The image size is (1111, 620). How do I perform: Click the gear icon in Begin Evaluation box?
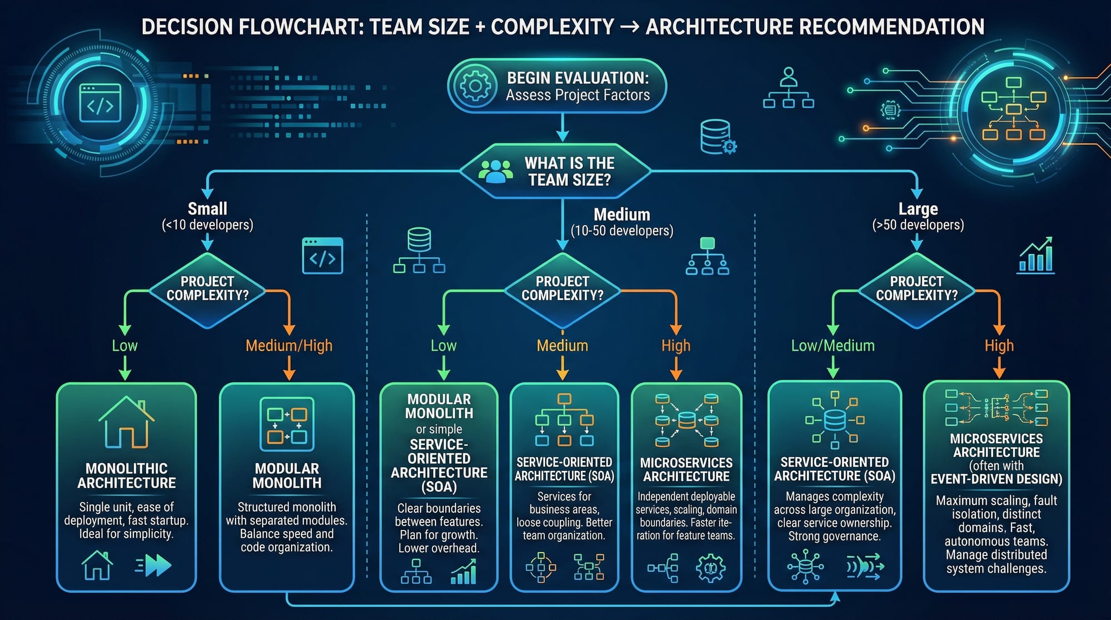click(x=475, y=86)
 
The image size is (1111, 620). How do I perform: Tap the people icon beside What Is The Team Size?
click(x=496, y=171)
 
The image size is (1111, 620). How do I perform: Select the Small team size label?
click(x=207, y=209)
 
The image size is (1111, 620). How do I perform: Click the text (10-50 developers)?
click(x=622, y=231)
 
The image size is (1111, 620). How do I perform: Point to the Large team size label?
click(x=918, y=209)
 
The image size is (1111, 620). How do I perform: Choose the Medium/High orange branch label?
click(x=289, y=346)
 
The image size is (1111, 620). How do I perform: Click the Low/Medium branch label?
click(x=832, y=346)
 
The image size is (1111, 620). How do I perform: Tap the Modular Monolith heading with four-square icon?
click(x=287, y=476)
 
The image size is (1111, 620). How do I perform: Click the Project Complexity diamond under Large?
click(x=917, y=289)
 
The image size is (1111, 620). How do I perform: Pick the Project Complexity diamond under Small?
click(x=207, y=289)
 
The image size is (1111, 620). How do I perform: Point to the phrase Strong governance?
click(x=834, y=536)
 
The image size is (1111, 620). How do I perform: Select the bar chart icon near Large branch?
click(x=1036, y=256)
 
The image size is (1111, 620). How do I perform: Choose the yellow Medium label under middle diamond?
click(x=562, y=346)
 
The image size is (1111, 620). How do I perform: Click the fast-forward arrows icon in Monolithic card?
click(x=154, y=566)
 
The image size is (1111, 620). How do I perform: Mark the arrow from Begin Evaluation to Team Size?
click(x=563, y=128)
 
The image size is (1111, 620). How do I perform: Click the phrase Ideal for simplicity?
click(x=126, y=534)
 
